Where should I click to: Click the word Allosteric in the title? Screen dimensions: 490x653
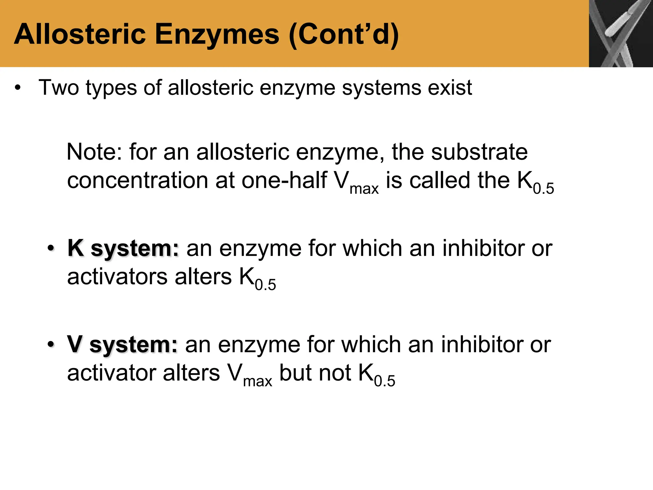80,34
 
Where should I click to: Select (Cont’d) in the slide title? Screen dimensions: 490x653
343,34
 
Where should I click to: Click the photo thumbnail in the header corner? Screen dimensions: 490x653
620,33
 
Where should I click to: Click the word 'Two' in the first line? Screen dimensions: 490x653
58,87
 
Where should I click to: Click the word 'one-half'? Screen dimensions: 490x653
284,181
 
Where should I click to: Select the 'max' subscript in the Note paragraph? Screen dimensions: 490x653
364,189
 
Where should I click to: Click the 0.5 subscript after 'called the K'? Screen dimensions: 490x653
543,189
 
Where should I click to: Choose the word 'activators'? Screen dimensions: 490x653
117,277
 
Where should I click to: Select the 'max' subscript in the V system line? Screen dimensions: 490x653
257,381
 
